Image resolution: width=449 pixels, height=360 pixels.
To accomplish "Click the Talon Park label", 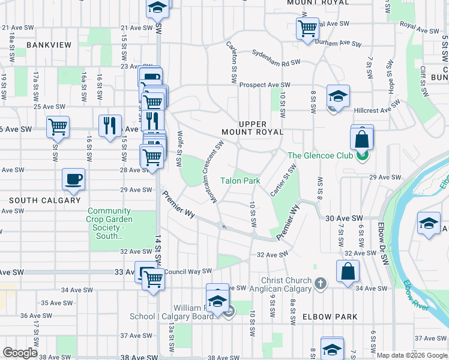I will pyautogui.click(x=240, y=180).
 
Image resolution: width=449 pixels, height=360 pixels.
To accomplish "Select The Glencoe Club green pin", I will pyautogui.click(x=361, y=156).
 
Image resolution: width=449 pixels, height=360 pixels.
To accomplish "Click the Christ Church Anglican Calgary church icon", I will pyautogui.click(x=320, y=283).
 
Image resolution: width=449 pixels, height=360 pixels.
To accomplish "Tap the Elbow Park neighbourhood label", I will pyautogui.click(x=330, y=317).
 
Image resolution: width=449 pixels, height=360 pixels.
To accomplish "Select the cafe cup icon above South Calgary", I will pyautogui.click(x=74, y=179).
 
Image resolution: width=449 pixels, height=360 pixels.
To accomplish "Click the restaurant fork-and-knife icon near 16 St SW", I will pyautogui.click(x=109, y=125).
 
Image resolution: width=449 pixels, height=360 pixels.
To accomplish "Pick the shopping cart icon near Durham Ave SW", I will pyautogui.click(x=307, y=28).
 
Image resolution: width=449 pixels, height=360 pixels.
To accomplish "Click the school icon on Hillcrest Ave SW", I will pyautogui.click(x=338, y=96).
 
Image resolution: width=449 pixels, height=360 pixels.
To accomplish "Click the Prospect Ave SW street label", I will pyautogui.click(x=265, y=85).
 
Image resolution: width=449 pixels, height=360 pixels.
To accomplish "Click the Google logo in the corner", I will pyautogui.click(x=20, y=353).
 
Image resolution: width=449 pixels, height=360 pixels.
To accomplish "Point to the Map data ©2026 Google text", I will pyautogui.click(x=412, y=355).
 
